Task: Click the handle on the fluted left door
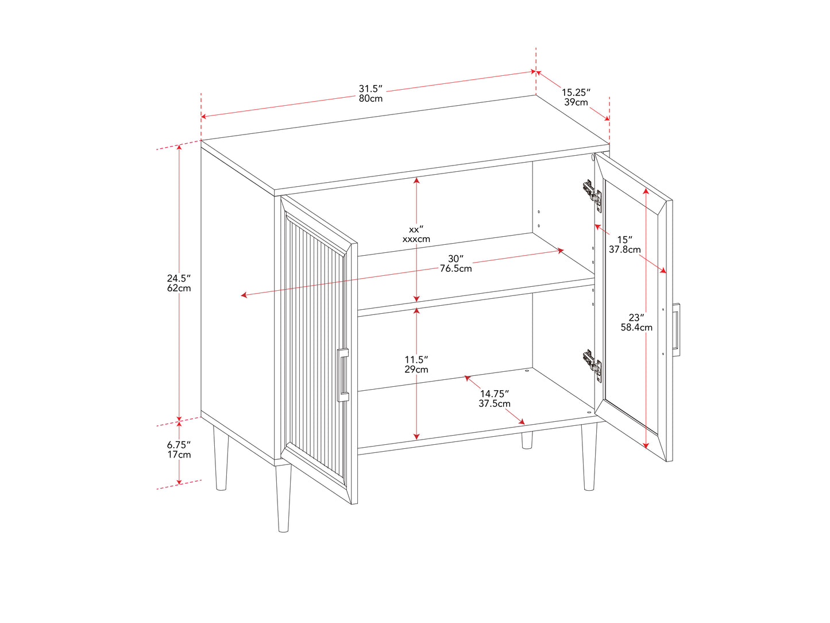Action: click(x=342, y=375)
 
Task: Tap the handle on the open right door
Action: click(x=675, y=329)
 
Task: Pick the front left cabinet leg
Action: click(x=283, y=498)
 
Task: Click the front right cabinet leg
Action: click(x=589, y=456)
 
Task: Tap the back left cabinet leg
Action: click(x=221, y=458)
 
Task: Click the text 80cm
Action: click(x=370, y=98)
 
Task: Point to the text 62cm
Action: click(x=179, y=289)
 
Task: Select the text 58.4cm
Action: click(x=636, y=327)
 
